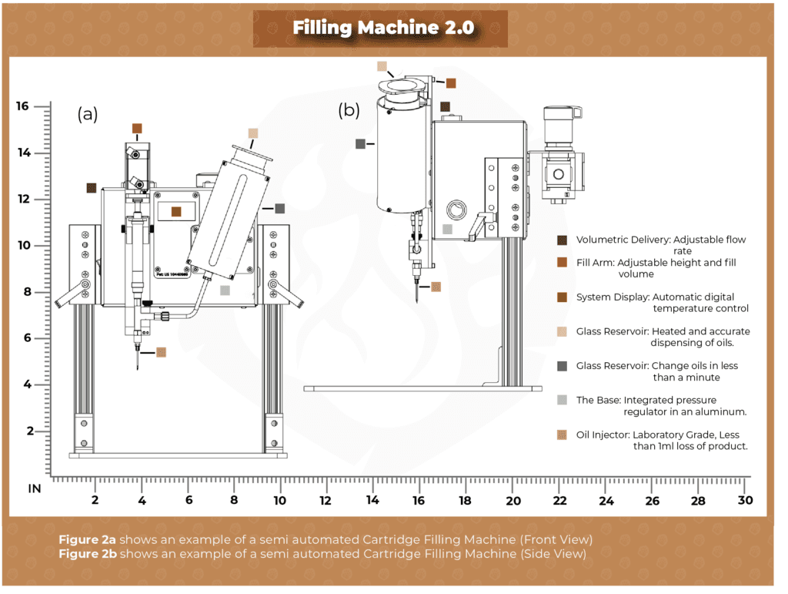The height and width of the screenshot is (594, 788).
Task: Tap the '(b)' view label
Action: pyautogui.click(x=349, y=110)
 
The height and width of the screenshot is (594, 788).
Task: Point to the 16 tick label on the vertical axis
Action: pyautogui.click(x=22, y=106)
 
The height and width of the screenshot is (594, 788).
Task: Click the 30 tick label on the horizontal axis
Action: pyautogui.click(x=744, y=501)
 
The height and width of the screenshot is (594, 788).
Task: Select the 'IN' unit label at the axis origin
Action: pyautogui.click(x=35, y=488)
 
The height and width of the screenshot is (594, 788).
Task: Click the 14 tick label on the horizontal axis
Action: pyautogui.click(x=372, y=501)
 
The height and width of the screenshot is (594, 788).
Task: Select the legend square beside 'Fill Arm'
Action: pyautogui.click(x=562, y=263)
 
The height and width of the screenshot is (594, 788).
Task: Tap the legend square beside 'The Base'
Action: pyautogui.click(x=562, y=400)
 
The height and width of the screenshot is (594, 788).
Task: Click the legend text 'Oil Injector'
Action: pyautogui.click(x=603, y=435)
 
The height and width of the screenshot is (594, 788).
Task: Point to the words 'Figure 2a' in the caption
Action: pyautogui.click(x=87, y=538)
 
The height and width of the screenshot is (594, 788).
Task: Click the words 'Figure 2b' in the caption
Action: pyautogui.click(x=87, y=554)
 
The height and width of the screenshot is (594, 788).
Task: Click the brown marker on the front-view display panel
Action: pyautogui.click(x=176, y=211)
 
